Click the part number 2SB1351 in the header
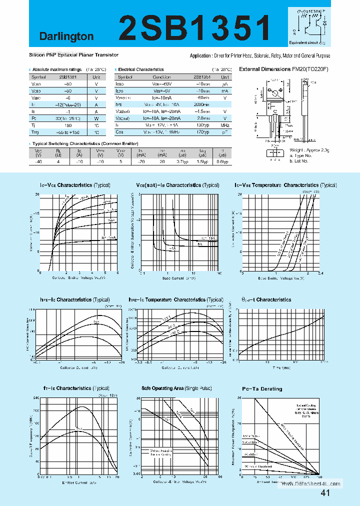[195, 27]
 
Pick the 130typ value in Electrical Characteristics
[202, 125]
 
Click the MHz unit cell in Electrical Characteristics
[225, 125]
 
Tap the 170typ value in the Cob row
[202, 132]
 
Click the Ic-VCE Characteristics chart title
[74, 185]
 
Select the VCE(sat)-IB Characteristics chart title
[177, 185]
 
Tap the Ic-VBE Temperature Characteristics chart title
[285, 185]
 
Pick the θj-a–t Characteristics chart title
[266, 300]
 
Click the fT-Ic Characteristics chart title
[74, 388]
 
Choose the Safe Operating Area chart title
[176, 388]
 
